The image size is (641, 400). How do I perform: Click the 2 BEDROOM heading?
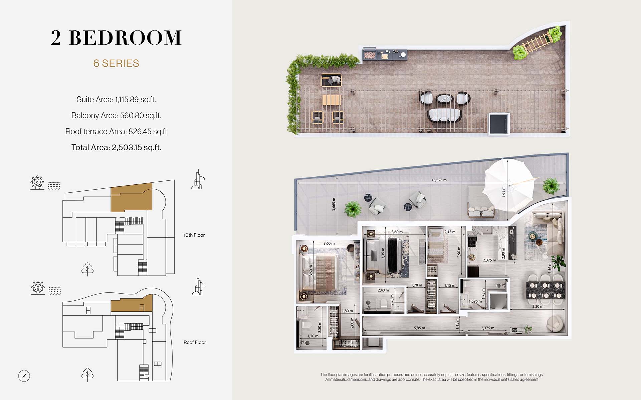coord(116,37)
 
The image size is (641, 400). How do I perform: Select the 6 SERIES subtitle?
coord(116,63)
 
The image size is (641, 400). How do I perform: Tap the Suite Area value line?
coord(116,99)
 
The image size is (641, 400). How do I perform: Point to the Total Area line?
coord(116,147)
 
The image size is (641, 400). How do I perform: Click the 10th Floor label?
coord(194,235)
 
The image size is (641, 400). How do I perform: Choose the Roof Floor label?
coord(195,342)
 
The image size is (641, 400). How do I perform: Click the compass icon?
coord(24,376)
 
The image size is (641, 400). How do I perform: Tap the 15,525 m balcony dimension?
coord(439,180)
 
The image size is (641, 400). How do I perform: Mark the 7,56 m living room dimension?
coord(550,267)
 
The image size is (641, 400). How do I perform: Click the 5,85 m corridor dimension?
coord(419,328)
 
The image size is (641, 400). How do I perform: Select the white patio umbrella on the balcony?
coord(508,185)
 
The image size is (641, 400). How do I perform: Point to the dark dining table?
coord(546,290)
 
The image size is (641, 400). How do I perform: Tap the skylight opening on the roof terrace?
coord(499,123)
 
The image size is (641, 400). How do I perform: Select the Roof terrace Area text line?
coord(116,131)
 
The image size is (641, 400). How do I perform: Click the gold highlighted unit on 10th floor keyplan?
coord(131,197)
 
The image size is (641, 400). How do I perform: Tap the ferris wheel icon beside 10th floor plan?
coord(37,183)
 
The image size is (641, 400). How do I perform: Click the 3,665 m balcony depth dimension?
coord(334,204)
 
